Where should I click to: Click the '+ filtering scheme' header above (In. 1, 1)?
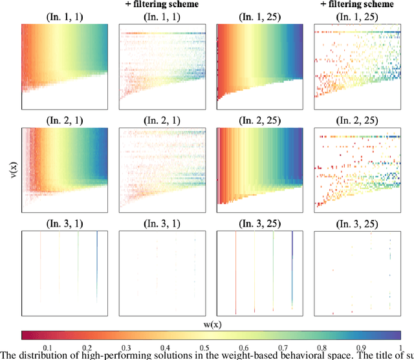(162, 5)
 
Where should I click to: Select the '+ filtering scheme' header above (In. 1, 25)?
(356, 5)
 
